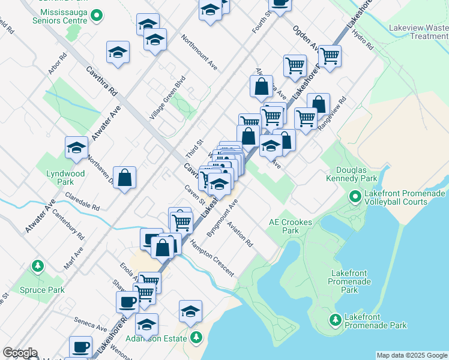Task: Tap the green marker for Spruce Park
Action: pos(37,265)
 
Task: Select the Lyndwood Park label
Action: pos(65,178)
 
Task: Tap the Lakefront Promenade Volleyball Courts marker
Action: pos(355,196)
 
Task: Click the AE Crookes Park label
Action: pos(283,226)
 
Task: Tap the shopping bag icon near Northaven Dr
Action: pos(124,178)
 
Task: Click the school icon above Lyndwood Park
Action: pos(77,148)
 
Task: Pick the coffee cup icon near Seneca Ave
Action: pos(127,301)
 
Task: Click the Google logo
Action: pos(20,353)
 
